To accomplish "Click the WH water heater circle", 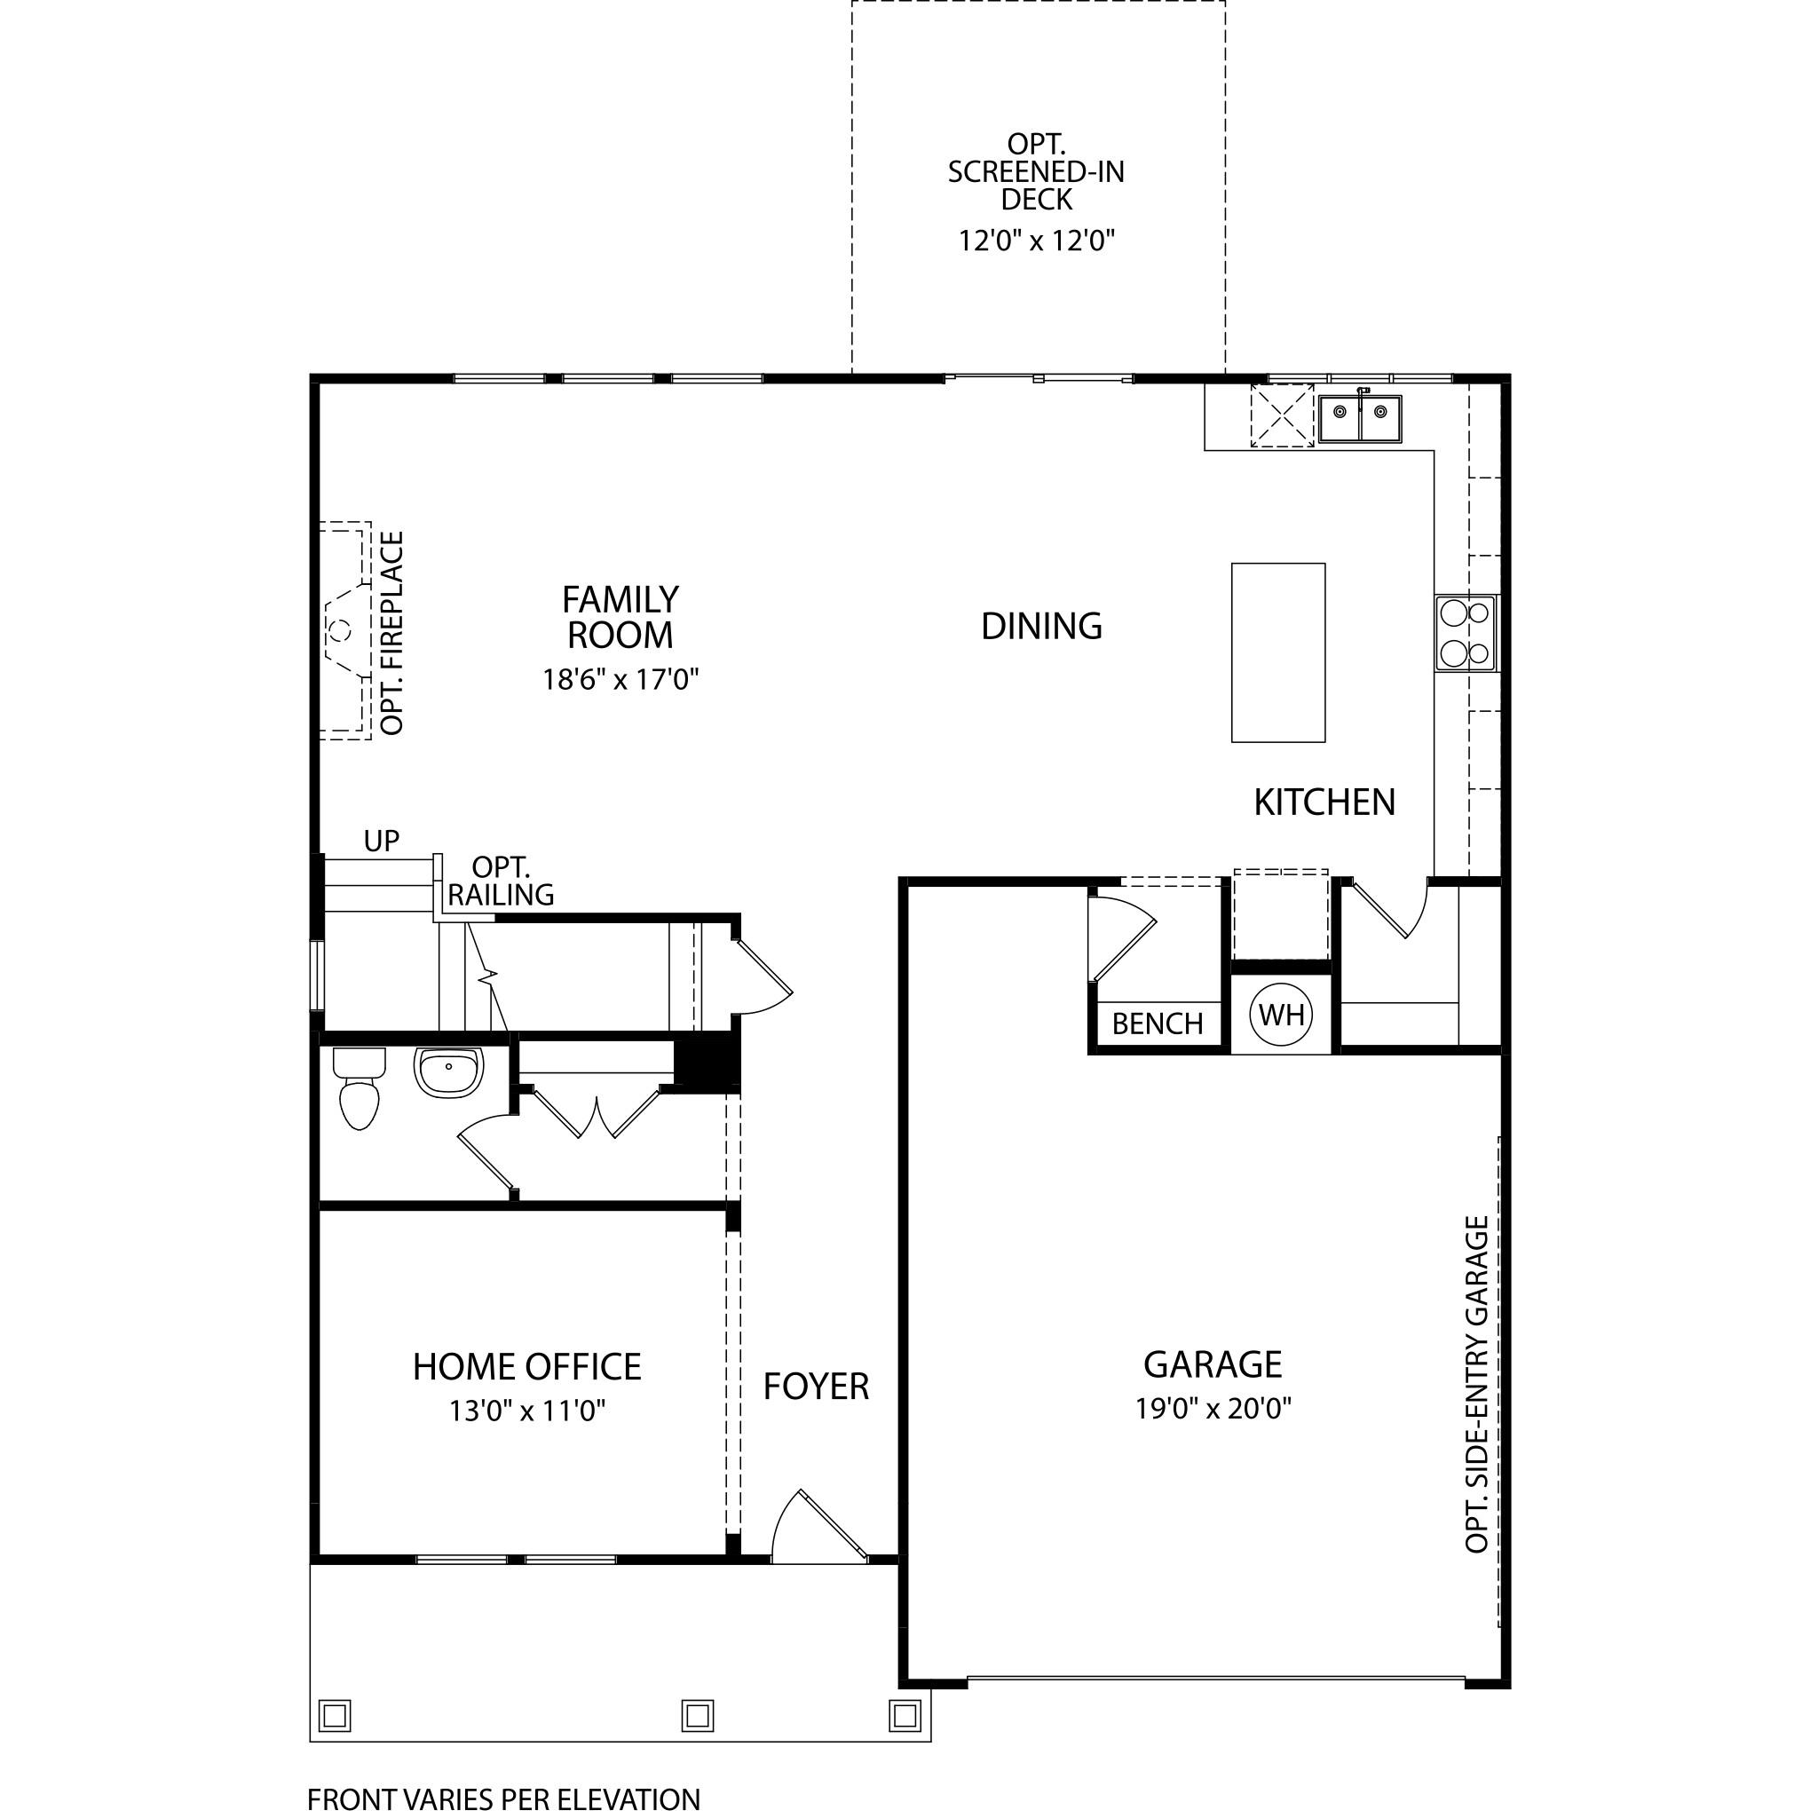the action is pos(1280,1015).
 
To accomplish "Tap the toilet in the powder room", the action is pos(359,1088).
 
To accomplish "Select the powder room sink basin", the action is pos(448,1072).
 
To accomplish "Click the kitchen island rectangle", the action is pos(1278,653).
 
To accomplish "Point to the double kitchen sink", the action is pos(1359,418).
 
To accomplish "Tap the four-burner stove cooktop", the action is pos(1465,633).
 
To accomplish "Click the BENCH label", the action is pos(1157,1024).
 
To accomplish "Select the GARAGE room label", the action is pos(1212,1363).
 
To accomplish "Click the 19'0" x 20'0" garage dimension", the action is pos(1213,1409).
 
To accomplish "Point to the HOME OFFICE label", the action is pos(527,1366).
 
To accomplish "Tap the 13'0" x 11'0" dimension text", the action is pos(527,1411).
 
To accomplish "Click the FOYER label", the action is pos(816,1386).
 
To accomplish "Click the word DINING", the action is pos(1040,626).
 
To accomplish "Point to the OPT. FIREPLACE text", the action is pos(392,632).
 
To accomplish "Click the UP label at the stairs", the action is pos(381,841).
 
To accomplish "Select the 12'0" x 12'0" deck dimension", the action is pos(1036,241).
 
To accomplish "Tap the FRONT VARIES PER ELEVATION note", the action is pos(503,1799).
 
